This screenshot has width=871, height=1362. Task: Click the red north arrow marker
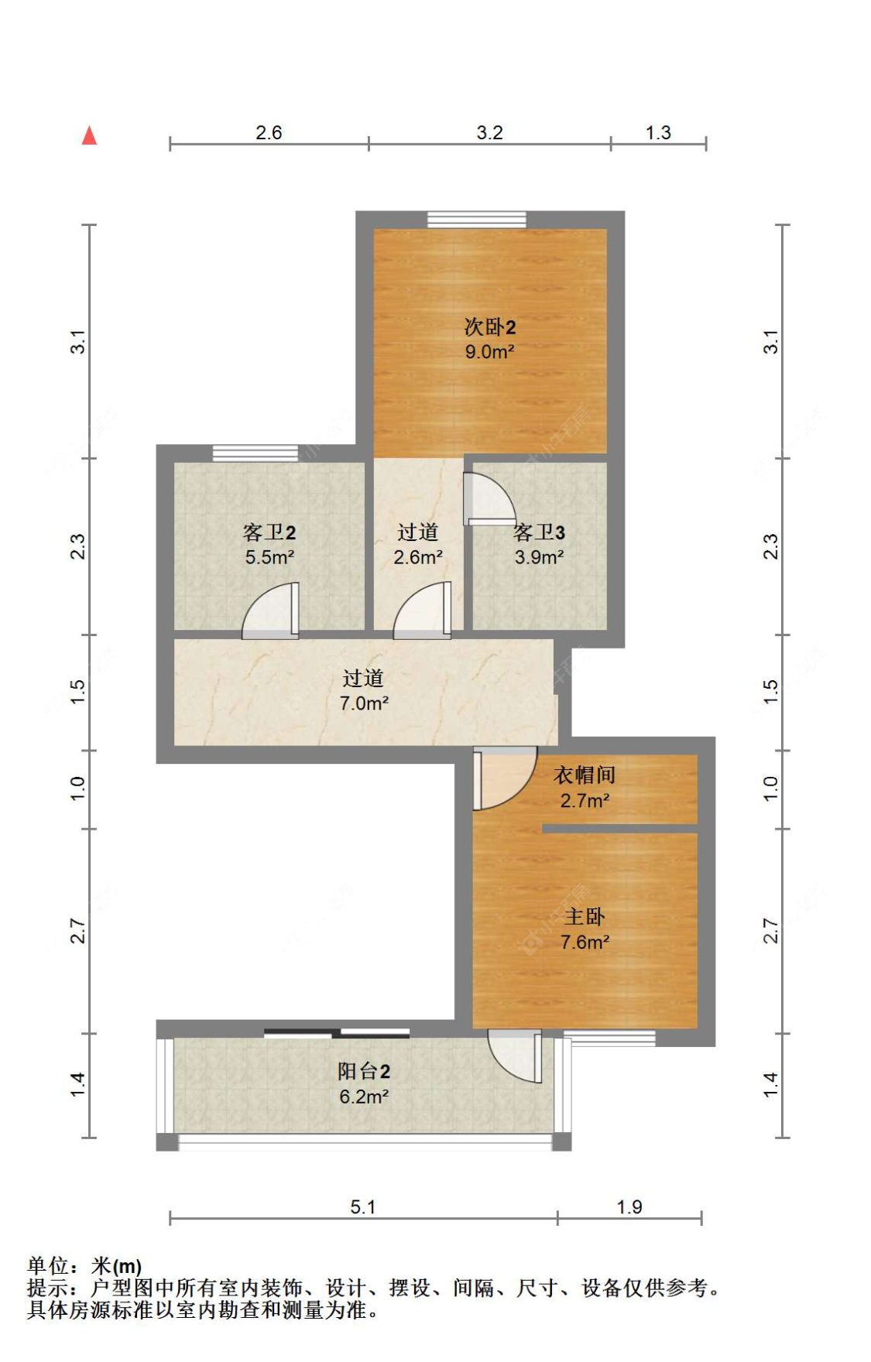[90, 136]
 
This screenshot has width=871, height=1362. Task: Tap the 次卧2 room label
[489, 327]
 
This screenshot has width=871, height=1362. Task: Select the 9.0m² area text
[489, 352]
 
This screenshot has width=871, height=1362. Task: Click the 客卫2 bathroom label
[269, 532]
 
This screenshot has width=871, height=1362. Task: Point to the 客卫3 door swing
[488, 499]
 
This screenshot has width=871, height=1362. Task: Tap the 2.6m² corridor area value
[418, 557]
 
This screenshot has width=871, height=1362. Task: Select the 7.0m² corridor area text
[364, 703]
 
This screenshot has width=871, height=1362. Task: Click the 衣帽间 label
[585, 775]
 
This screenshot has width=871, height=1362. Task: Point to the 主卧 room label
[585, 917]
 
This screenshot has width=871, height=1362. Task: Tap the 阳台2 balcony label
[364, 1072]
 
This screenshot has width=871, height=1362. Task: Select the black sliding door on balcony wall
[337, 1034]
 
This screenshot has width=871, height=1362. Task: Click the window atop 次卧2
[477, 219]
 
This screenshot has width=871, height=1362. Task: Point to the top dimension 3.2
[489, 133]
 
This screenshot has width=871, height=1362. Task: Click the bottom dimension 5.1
[362, 1207]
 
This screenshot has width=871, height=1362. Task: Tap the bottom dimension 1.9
[629, 1207]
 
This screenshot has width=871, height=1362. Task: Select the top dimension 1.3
[658, 133]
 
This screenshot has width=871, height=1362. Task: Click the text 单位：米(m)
[84, 1266]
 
